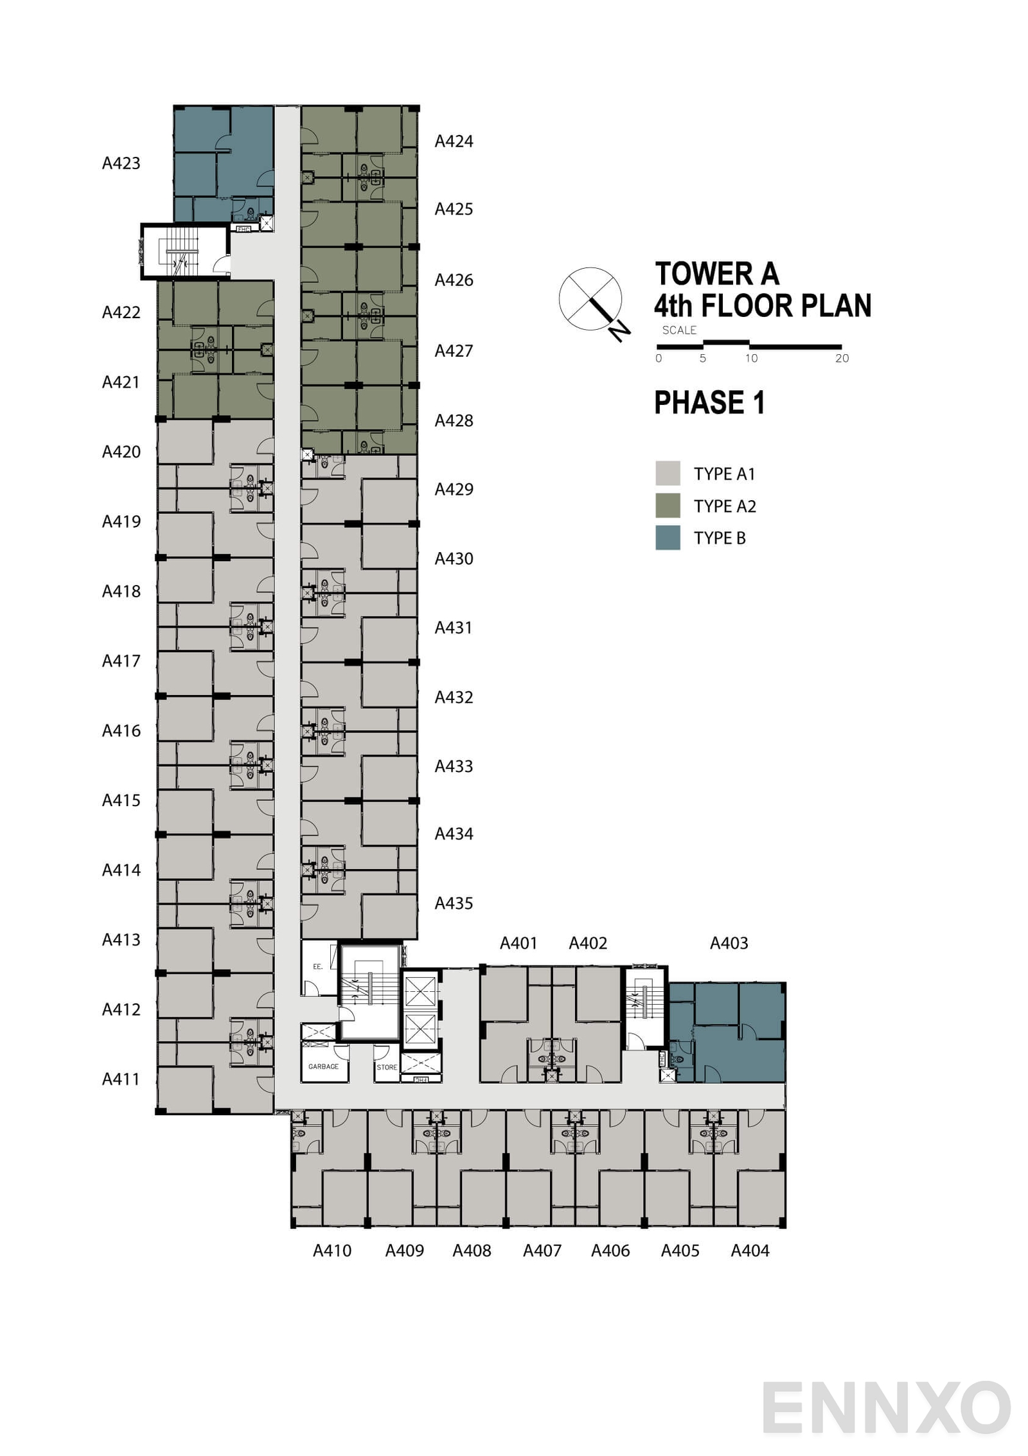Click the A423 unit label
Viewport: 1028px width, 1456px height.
click(121, 163)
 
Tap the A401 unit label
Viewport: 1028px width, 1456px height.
click(518, 943)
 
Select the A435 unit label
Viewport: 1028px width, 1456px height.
click(454, 903)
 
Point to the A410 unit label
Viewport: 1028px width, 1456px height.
click(332, 1250)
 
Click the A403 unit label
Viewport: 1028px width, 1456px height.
click(729, 943)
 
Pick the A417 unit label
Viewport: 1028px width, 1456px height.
click(121, 661)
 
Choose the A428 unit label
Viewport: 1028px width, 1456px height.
click(454, 420)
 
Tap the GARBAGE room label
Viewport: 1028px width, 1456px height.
click(323, 1066)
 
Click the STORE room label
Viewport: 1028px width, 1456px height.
click(387, 1067)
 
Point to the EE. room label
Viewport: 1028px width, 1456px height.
click(317, 967)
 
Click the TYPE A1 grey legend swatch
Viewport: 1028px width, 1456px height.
click(668, 473)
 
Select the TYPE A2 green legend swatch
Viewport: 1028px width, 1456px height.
click(668, 505)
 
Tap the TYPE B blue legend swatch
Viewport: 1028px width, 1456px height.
click(668, 537)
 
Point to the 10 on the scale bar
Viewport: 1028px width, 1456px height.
click(751, 359)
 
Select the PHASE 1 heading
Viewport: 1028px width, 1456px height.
click(709, 403)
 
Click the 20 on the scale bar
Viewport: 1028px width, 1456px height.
click(842, 359)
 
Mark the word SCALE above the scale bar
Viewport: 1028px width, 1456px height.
click(679, 330)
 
